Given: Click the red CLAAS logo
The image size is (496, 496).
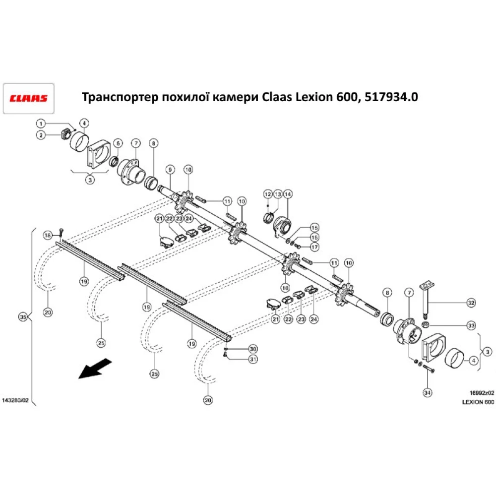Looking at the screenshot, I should pyautogui.click(x=29, y=97).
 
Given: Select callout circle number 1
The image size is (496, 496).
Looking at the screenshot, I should pyautogui.click(x=41, y=123).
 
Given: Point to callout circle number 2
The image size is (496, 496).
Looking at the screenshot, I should pyautogui.click(x=41, y=135).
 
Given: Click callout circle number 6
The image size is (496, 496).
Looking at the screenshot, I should pyautogui.click(x=118, y=143).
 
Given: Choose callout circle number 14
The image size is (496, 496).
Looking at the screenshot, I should pyautogui.click(x=288, y=194).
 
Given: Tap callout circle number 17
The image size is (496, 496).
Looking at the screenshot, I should pyautogui.click(x=314, y=247).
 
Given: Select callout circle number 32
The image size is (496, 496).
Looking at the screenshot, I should pyautogui.click(x=471, y=303).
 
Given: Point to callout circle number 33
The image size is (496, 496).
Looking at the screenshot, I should pyautogui.click(x=471, y=326).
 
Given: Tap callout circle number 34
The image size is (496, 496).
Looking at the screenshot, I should pyautogui.click(x=427, y=392).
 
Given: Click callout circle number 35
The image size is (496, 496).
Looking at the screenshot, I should pyautogui.click(x=21, y=316).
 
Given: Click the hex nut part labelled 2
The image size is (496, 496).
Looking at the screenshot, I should pyautogui.click(x=65, y=133).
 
